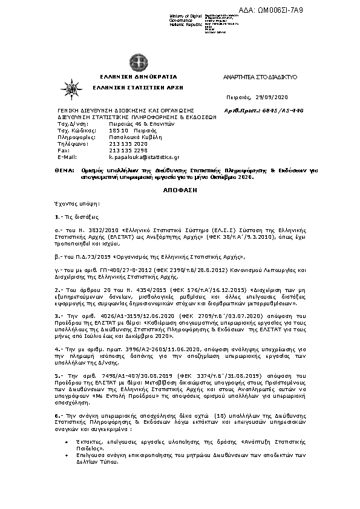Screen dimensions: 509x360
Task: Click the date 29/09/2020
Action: tap(273, 97)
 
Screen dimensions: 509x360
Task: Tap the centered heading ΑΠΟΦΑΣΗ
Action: tap(180, 189)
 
